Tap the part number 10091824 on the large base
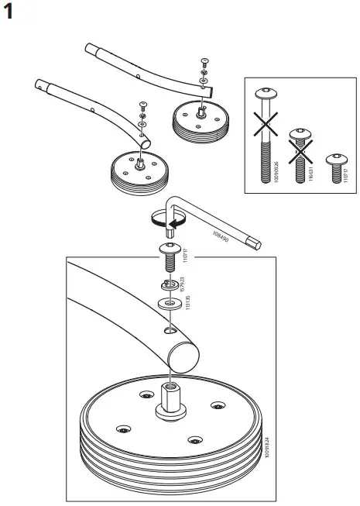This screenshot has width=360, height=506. pyautogui.click(x=266, y=442)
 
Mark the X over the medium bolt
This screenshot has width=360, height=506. pyautogui.click(x=297, y=146)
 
